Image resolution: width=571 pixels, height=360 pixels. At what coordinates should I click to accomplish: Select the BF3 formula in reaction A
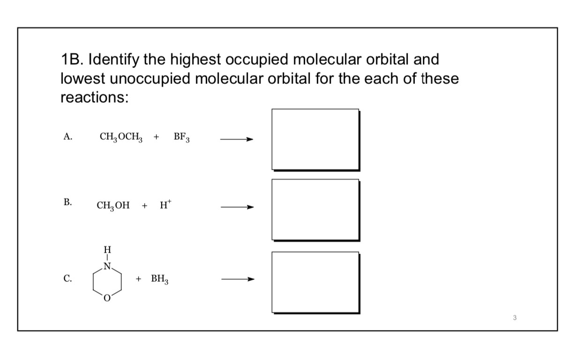coord(181,137)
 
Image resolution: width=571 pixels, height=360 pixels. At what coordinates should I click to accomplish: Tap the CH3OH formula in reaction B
coord(113,205)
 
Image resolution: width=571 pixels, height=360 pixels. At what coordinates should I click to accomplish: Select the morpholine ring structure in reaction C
coord(107,280)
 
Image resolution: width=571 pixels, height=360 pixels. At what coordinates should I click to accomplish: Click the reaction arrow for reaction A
coord(237,139)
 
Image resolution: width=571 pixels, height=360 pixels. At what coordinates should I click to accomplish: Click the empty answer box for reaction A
coord(316,139)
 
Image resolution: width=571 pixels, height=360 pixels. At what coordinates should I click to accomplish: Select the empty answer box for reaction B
coord(316,210)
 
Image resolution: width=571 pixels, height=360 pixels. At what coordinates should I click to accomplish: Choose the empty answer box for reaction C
coord(316,282)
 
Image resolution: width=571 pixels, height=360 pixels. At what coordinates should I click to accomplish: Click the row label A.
coord(68,137)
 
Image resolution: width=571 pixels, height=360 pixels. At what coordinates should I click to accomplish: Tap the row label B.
coord(68,202)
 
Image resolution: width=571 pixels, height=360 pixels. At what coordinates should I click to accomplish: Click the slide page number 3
coord(514,318)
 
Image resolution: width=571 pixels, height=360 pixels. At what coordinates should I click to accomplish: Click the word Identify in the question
coord(111,60)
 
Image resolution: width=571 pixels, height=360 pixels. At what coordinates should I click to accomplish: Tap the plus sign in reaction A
coord(157,137)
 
